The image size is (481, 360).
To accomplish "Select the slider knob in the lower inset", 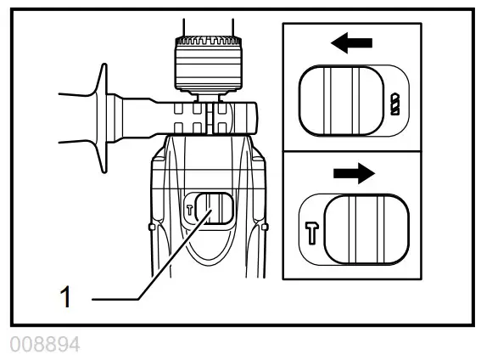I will [x=366, y=231].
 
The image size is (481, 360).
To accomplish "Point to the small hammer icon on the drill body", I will [x=190, y=207].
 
